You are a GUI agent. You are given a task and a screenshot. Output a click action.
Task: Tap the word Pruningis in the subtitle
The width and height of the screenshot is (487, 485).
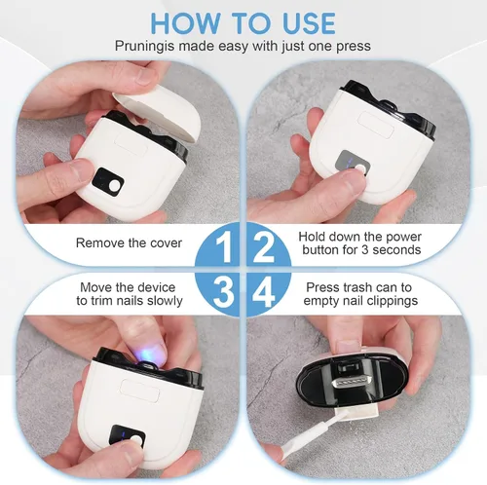click(x=144, y=46)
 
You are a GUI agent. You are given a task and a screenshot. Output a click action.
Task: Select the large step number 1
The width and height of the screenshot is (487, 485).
click(x=223, y=247)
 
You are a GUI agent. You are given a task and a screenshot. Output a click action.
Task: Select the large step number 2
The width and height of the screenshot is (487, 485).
click(x=263, y=247)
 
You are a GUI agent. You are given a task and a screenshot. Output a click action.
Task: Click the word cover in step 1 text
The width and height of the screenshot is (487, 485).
click(x=166, y=243)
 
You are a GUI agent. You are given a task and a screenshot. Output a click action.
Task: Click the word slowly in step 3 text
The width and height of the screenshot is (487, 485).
click(x=165, y=301)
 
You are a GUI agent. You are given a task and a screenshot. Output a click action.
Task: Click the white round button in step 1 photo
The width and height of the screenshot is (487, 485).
click(x=115, y=186)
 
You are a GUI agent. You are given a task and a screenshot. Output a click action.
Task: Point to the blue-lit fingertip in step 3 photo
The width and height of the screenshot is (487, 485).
click(x=146, y=352)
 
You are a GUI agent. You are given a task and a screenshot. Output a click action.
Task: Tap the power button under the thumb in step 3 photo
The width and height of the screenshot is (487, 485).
click(x=136, y=440)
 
